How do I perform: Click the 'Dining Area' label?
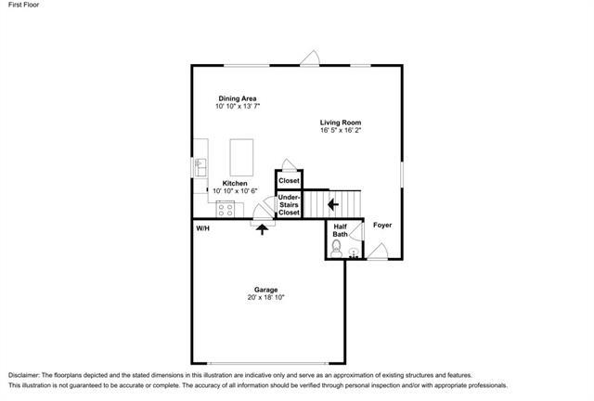pyautogui.click(x=238, y=98)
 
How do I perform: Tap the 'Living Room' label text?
pyautogui.click(x=341, y=123)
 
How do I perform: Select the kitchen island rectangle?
pyautogui.click(x=240, y=151)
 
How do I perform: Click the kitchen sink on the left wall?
pyautogui.click(x=200, y=167)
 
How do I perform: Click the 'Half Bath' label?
pyautogui.click(x=340, y=230)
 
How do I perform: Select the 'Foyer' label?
pyautogui.click(x=382, y=225)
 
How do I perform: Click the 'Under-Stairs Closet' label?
pyautogui.click(x=290, y=205)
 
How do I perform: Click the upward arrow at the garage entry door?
pyautogui.click(x=262, y=229)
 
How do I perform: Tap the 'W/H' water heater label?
pyautogui.click(x=202, y=227)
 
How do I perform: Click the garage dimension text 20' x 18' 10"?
pyautogui.click(x=265, y=298)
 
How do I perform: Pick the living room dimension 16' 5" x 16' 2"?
pyautogui.click(x=341, y=132)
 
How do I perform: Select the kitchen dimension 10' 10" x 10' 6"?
pyautogui.click(x=234, y=191)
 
